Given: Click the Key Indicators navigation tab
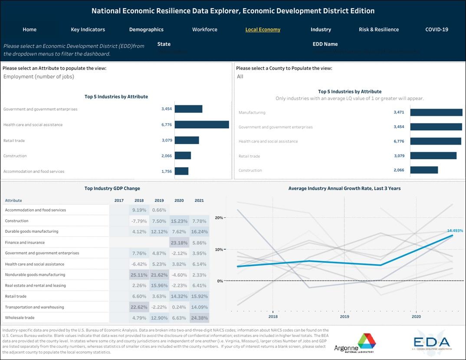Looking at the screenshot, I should click(88, 30).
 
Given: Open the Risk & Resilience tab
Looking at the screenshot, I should click(378, 30).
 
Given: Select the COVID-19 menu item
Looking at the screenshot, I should click(436, 30).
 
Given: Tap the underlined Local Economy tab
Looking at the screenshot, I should click(263, 30).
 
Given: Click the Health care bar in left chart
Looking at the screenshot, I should click(201, 125).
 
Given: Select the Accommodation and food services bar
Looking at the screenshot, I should click(181, 171).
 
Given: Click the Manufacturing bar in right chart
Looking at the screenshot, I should click(436, 112).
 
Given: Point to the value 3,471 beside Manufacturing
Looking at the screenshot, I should click(398, 112).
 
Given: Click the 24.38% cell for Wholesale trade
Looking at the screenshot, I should click(199, 318).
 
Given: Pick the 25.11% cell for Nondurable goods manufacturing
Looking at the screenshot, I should click(139, 275).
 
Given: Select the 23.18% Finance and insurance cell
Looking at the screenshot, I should click(179, 243).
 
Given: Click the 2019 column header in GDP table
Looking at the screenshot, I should click(159, 201).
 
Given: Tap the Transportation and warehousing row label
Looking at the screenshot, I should click(34, 307).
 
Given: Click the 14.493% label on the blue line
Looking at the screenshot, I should click(455, 231).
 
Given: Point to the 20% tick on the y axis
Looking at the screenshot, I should click(219, 218).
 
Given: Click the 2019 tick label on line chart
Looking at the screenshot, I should click(344, 317).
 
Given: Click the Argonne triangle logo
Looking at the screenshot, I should click(354, 342).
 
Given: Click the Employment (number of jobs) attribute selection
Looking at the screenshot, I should click(39, 77).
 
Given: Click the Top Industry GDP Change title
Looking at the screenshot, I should click(112, 188).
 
